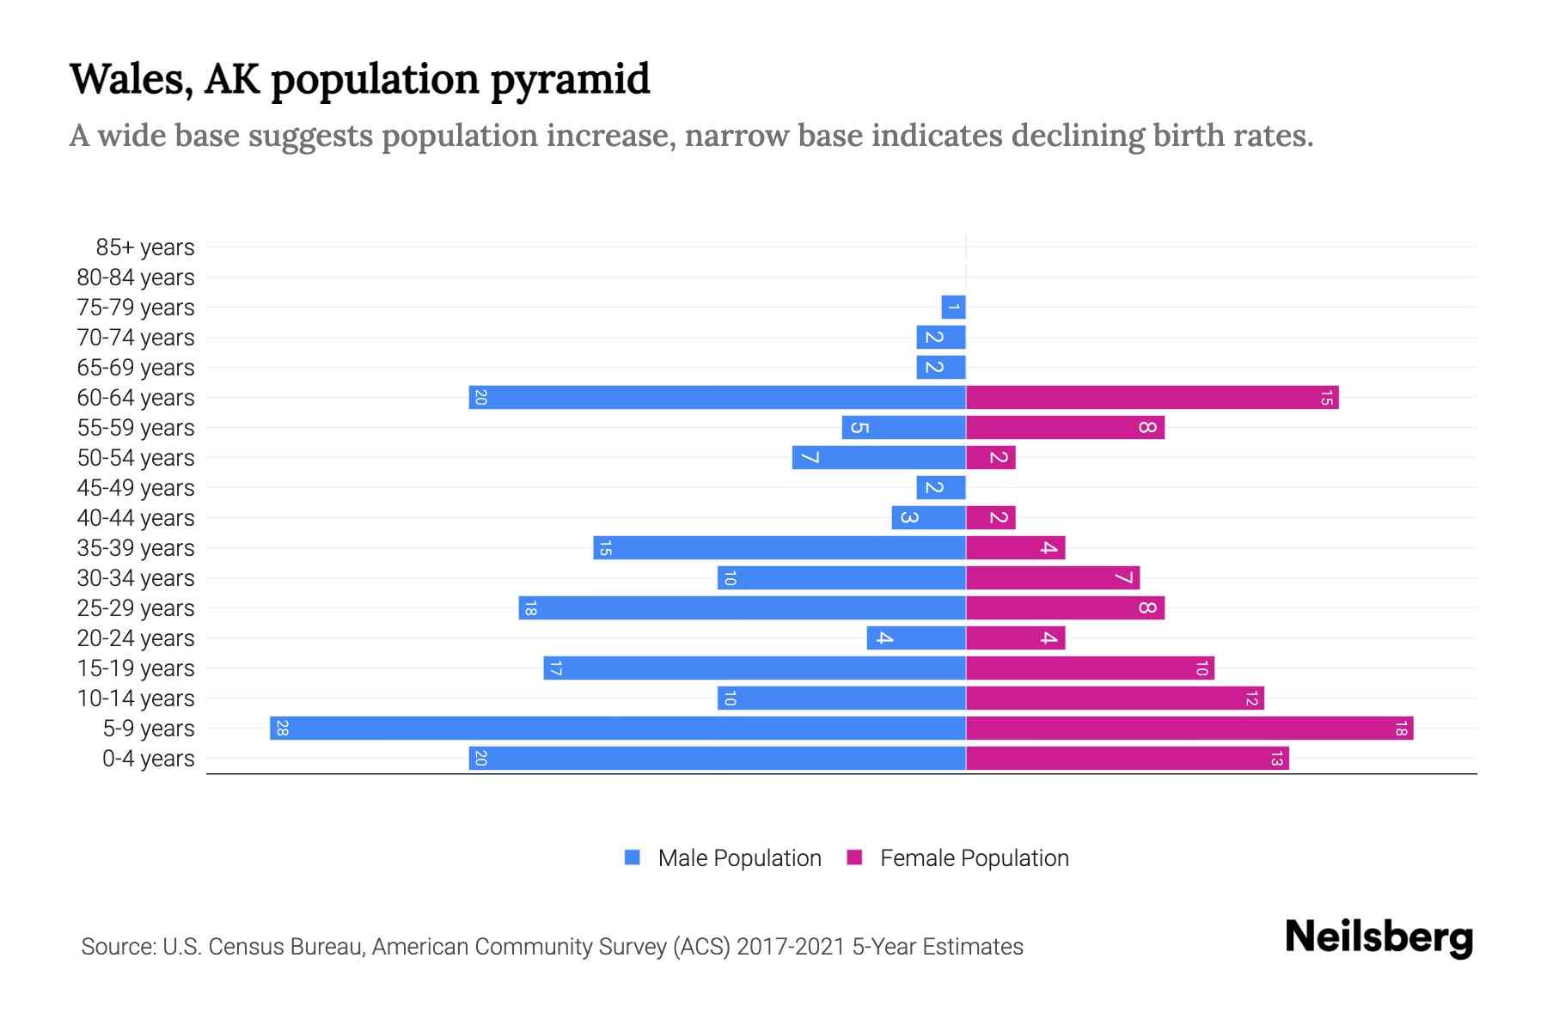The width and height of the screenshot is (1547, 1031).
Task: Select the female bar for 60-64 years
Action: pos(1152,398)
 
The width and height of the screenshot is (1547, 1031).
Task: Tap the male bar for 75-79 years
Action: pos(953,308)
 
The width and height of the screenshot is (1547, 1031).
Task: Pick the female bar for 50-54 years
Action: pos(990,458)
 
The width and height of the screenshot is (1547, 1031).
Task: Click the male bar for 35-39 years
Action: pos(779,548)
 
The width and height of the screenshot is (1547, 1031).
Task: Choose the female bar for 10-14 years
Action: pos(1115,699)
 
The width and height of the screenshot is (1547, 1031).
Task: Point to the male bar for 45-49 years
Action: pos(940,488)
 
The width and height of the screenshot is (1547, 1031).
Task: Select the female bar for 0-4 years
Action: pos(1127,759)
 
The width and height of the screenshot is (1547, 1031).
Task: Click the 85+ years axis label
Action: pos(144,247)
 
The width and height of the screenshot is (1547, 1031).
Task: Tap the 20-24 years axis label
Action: pos(136,638)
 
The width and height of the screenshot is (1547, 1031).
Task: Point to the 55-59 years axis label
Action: pos(136,428)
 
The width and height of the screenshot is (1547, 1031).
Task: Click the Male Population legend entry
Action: pos(738,858)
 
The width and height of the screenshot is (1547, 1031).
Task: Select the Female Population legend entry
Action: pos(973,858)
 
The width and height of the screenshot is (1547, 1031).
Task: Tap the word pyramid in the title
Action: pos(570,79)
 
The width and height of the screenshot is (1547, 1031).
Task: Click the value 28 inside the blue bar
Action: pos(282,729)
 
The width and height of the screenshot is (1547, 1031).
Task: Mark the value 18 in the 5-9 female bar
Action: pos(1401,729)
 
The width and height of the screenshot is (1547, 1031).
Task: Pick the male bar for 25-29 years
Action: pos(742,608)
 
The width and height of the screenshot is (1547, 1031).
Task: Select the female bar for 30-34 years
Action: pos(1052,578)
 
